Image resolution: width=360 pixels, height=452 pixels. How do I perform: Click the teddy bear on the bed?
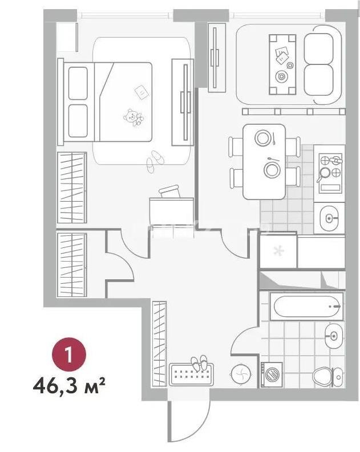pos(134,117)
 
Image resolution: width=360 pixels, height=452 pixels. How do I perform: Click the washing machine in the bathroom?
pos(272,374)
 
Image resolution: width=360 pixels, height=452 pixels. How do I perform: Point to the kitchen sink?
pos(330,218)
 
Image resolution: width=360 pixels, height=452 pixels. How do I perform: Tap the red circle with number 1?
pos(68,356)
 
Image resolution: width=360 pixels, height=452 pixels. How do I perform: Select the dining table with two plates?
pos(264,161)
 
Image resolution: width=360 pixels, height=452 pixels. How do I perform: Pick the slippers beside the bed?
pos(154,161)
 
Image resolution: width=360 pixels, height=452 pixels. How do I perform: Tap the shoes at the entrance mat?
pos(200,363)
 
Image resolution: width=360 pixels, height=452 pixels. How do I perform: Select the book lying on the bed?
pos(140,91)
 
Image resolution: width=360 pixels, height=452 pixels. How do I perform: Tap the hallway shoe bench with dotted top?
pos(191,375)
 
